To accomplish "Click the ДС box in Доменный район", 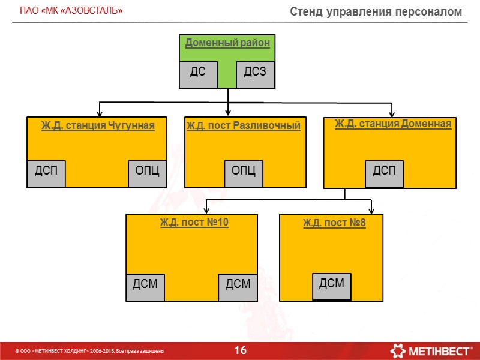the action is [x=198, y=74].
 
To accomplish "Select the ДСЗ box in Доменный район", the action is [x=256, y=74].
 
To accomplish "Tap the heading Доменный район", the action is [x=227, y=43].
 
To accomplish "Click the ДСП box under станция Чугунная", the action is [x=46, y=173].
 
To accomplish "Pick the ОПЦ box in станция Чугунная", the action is [x=147, y=173].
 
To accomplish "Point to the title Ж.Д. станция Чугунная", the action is [x=98, y=125].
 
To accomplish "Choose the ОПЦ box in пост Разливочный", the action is [x=243, y=173].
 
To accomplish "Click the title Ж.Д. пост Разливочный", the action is [x=243, y=125].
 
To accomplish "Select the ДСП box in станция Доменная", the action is [x=385, y=173].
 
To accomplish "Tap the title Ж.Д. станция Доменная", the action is [x=392, y=124].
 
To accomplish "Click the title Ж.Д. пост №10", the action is [x=194, y=223].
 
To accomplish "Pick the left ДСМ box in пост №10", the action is [x=145, y=286].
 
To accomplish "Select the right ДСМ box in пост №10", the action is [x=238, y=286].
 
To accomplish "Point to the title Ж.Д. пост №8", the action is [x=334, y=224].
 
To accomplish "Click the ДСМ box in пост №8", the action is [x=332, y=285].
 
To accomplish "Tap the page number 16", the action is [x=241, y=350].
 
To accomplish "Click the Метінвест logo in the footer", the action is [x=431, y=350].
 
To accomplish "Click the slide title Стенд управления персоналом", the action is [x=376, y=11].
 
